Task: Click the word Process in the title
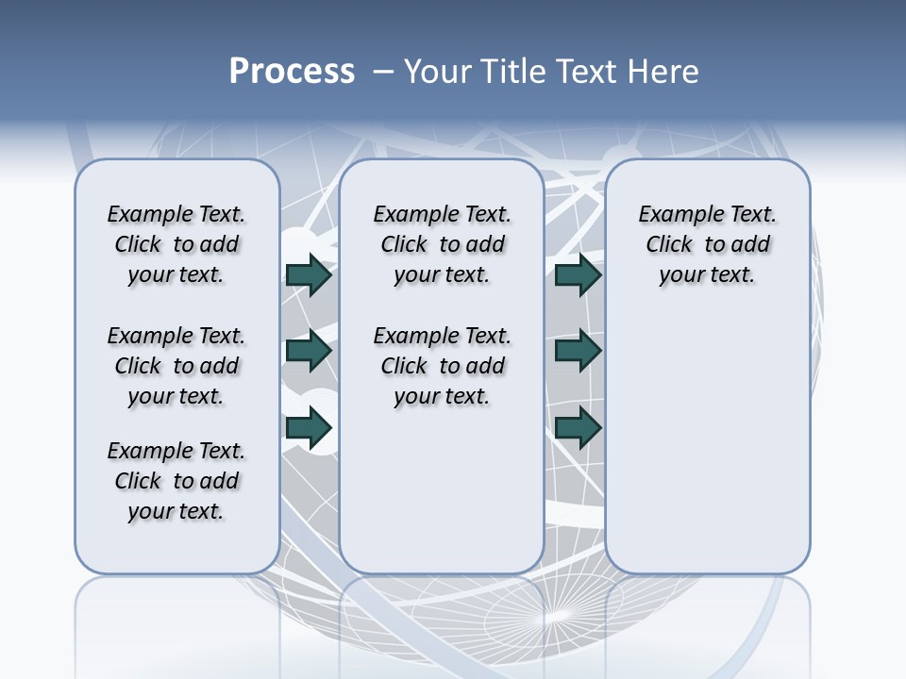[292, 72]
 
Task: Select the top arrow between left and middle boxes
[309, 274]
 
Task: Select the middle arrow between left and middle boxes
[309, 351]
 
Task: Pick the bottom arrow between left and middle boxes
[309, 427]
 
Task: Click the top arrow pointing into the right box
[578, 274]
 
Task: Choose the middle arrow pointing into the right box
[578, 351]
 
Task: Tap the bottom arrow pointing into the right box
[578, 427]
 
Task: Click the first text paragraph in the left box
[176, 244]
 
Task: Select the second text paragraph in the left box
[176, 366]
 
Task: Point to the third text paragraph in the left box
[176, 481]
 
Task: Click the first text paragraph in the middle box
[442, 244]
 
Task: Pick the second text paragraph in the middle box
[442, 366]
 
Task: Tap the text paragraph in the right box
[707, 244]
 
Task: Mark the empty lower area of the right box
[707, 453]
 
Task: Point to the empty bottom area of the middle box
[442, 500]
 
